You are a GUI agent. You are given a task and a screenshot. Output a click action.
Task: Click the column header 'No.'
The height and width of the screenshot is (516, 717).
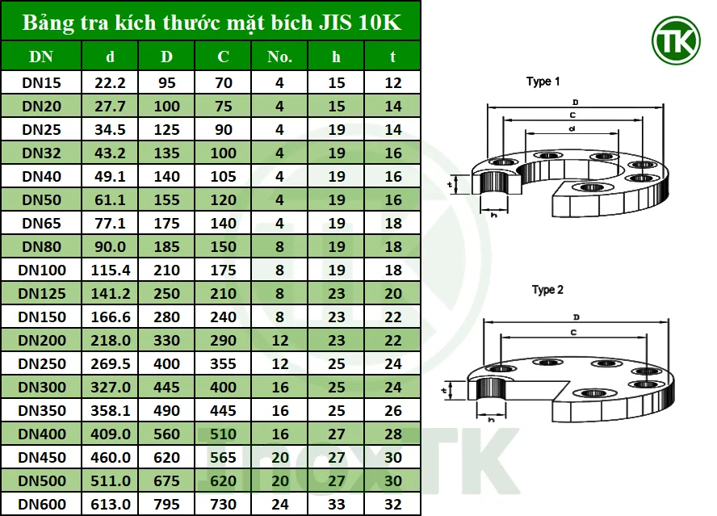(x=279, y=57)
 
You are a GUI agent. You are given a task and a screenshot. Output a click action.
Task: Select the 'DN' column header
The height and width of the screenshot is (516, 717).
(x=41, y=57)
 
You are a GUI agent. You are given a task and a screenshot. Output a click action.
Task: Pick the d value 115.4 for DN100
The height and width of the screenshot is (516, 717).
(x=111, y=270)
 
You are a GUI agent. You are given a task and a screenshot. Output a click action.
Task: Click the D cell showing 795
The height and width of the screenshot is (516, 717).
(x=167, y=505)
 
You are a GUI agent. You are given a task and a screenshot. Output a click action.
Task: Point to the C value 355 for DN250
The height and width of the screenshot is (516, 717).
(x=223, y=364)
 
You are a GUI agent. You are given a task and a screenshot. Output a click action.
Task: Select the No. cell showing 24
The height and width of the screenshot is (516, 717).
(x=279, y=505)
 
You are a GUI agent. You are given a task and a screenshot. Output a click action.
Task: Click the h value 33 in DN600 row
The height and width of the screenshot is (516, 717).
(x=337, y=505)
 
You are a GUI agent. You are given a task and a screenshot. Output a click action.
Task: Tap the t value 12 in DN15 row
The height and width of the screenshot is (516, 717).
(x=393, y=82)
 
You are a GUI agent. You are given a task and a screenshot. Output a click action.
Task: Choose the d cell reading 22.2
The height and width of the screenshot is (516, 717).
(x=111, y=82)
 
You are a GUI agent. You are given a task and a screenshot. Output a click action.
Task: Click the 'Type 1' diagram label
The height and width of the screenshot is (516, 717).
(x=543, y=82)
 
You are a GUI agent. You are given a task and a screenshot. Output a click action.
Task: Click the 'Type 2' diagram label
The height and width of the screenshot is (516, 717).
(x=547, y=290)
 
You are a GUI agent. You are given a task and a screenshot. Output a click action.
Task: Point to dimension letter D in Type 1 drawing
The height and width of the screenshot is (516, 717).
(x=575, y=103)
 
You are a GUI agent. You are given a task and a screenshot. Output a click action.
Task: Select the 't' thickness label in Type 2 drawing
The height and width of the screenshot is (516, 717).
(x=446, y=390)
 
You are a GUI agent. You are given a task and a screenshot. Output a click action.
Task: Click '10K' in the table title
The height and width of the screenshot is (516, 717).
(x=379, y=22)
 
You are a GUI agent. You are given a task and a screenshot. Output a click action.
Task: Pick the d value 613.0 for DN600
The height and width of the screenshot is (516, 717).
(x=111, y=505)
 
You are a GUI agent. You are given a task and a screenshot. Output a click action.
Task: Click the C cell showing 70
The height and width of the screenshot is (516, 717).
(x=223, y=82)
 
